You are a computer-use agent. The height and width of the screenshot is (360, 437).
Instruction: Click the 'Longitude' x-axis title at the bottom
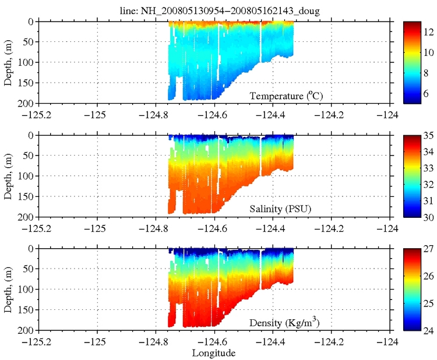(x=214, y=352)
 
